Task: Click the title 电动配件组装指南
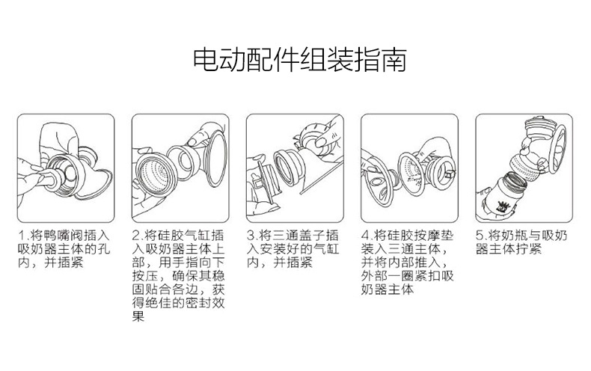pos(300,60)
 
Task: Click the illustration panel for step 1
pos(66,168)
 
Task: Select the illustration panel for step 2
pos(180,168)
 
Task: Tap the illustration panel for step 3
pos(295,168)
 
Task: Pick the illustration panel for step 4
pos(409,168)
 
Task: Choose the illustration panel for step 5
pos(524,168)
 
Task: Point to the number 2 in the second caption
pos(136,236)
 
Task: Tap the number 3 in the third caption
pos(251,236)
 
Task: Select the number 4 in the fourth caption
pos(365,236)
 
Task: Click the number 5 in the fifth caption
pos(480,236)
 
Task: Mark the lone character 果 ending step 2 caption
pos(138,316)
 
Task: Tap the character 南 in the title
pos(394,60)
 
